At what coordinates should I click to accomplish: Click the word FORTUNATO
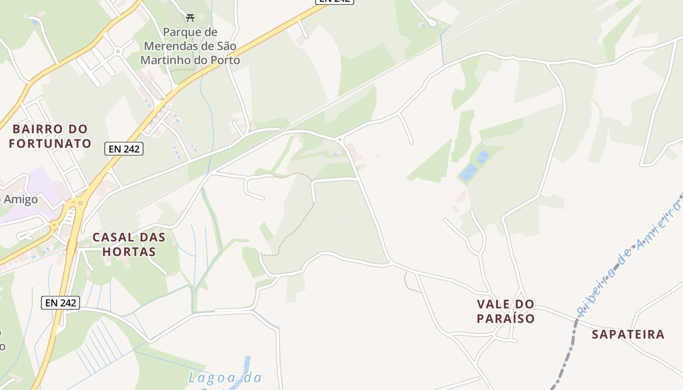[x=50, y=144]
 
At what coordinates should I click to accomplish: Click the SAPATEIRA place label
[x=628, y=334]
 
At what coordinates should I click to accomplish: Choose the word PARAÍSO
[x=505, y=319]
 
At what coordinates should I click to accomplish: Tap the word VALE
[x=493, y=304]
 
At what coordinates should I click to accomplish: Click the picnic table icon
[x=190, y=18]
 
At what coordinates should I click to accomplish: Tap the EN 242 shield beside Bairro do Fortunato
[x=124, y=149]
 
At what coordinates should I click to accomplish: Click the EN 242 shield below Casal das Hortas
[x=60, y=303]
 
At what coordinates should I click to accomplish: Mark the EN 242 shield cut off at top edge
[x=335, y=1]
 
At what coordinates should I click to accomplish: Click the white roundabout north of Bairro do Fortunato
[x=118, y=51]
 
